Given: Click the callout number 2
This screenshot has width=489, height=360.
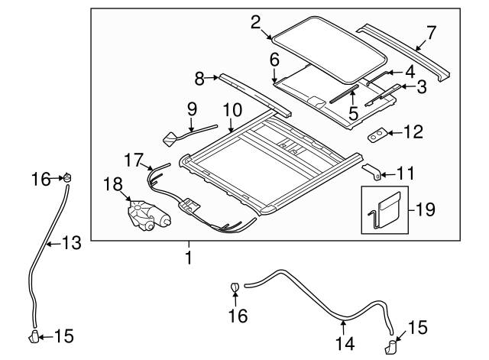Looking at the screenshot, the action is point(256,22).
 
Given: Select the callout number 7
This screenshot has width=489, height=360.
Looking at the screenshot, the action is point(431,32).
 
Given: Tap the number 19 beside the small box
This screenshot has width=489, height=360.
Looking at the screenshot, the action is point(424,209).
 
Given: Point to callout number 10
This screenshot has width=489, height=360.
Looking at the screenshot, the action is point(232,110).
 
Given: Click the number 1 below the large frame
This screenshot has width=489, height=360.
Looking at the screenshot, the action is point(189,258).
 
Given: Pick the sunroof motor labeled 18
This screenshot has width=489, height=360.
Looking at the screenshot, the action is point(147,216).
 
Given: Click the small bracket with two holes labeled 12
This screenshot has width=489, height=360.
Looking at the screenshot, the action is point(377,135).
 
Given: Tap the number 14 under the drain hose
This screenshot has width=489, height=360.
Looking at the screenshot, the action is point(345,343).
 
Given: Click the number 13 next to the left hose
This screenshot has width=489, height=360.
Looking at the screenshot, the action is point(71,242).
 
